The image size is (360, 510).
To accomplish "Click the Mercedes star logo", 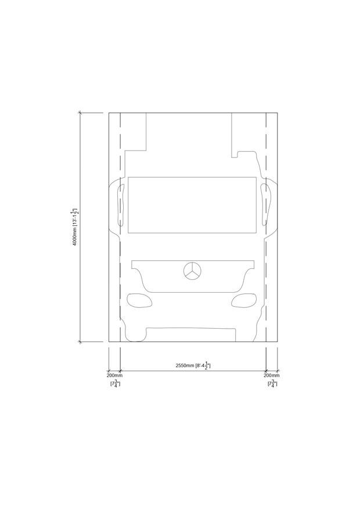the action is click(192, 271).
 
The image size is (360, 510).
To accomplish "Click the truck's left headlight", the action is click(139, 300).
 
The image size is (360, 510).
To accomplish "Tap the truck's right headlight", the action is click(243, 300).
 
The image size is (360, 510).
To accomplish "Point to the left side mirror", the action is click(120, 205).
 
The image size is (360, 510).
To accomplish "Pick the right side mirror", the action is click(266, 205).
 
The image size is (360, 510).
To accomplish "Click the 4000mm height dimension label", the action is click(75, 227).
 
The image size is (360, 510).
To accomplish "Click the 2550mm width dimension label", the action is click(193, 365).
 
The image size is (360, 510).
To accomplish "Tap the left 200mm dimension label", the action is click(114, 375).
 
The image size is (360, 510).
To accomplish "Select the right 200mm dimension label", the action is click(272, 375).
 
